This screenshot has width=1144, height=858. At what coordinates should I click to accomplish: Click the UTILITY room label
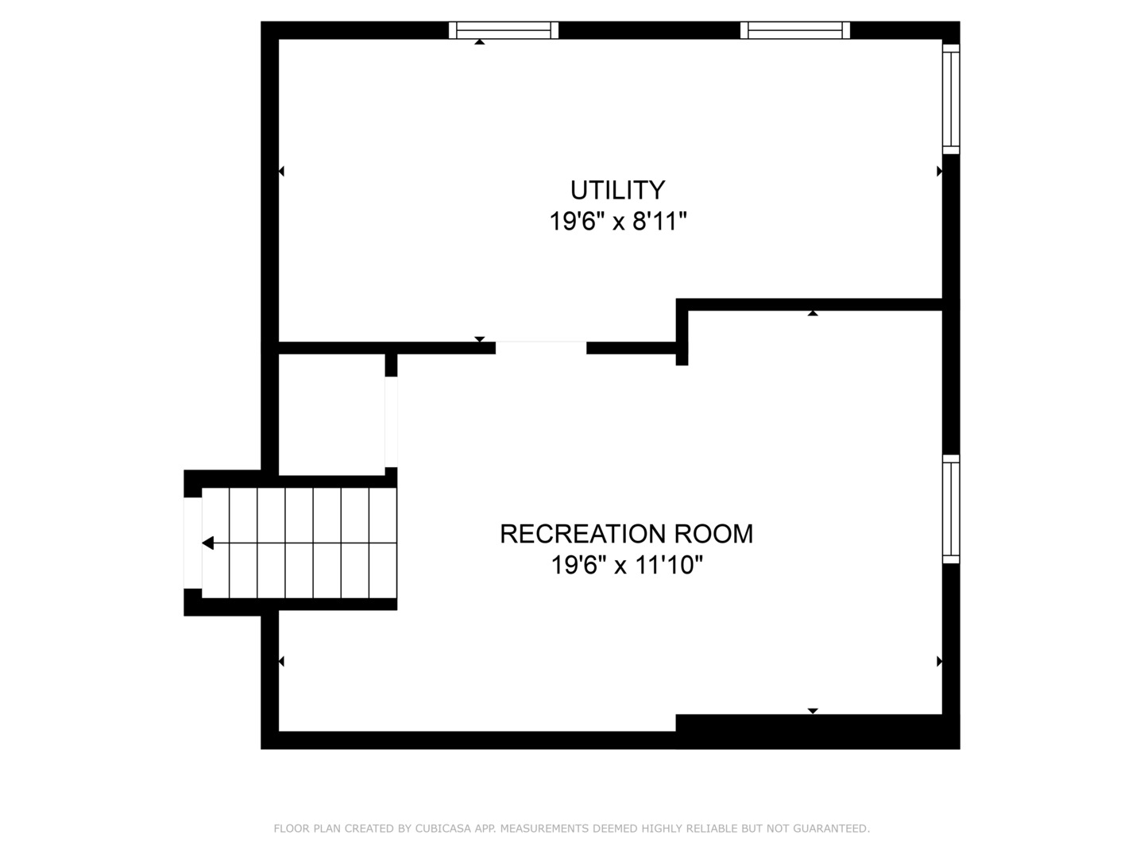click(617, 191)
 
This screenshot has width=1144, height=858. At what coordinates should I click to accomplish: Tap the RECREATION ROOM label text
click(626, 534)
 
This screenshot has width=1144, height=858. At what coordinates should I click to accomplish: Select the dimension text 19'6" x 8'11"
click(617, 222)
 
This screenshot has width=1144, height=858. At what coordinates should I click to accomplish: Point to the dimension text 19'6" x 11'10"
click(627, 566)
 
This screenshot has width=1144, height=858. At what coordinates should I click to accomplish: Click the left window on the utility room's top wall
click(504, 30)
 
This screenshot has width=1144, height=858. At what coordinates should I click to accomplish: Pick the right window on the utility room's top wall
click(795, 30)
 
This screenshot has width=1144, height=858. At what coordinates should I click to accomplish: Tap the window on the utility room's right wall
click(951, 99)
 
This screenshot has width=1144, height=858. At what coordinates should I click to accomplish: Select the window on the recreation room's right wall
click(951, 509)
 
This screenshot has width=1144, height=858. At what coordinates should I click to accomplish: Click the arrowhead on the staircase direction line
click(208, 543)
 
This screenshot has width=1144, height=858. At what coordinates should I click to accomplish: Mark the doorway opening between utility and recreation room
click(541, 348)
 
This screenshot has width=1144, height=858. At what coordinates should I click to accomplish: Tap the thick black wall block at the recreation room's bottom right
click(817, 731)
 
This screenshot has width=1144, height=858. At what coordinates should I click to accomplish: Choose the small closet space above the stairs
click(331, 413)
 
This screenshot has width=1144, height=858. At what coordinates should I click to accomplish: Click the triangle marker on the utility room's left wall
click(281, 171)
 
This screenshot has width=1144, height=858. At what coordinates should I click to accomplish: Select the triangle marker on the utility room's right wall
click(940, 171)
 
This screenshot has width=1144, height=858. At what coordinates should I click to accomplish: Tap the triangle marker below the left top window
click(479, 41)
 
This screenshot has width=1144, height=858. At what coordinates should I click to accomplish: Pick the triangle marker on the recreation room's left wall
click(281, 661)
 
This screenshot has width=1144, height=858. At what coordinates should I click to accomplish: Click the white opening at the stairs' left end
click(192, 543)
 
